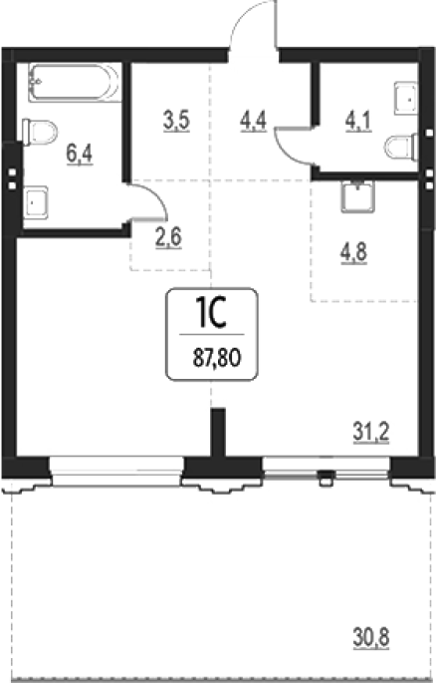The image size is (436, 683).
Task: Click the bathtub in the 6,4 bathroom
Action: pyautogui.click(x=75, y=83)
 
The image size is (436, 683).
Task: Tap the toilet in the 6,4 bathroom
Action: pyautogui.click(x=40, y=132)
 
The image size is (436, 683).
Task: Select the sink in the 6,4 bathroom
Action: pyautogui.click(x=36, y=202)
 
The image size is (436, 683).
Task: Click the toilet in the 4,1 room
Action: pyautogui.click(x=402, y=148)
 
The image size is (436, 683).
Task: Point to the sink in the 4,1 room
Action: pyautogui.click(x=406, y=99)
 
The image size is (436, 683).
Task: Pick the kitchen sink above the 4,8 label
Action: pyautogui.click(x=357, y=196)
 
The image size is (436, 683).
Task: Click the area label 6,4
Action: pyautogui.click(x=80, y=154)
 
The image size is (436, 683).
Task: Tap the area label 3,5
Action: pyautogui.click(x=176, y=121)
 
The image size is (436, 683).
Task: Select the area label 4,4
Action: pyautogui.click(x=253, y=121)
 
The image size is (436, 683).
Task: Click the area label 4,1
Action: pyautogui.click(x=358, y=121)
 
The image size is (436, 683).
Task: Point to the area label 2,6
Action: pyautogui.click(x=168, y=237)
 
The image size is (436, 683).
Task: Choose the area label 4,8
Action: pyautogui.click(x=353, y=253)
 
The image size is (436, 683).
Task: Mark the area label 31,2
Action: pyautogui.click(x=370, y=433)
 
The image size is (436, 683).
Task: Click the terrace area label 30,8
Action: pyautogui.click(x=370, y=638)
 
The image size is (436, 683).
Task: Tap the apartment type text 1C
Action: pyautogui.click(x=212, y=313)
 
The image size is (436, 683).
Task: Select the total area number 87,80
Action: pyautogui.click(x=217, y=359)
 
